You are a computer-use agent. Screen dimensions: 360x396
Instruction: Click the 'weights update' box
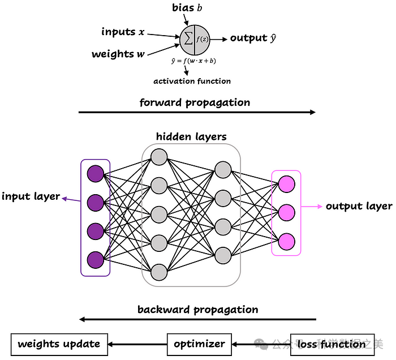[x=59, y=344]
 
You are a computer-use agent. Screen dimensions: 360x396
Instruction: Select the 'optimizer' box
[x=199, y=344]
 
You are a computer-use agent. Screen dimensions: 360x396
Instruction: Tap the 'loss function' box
[x=332, y=344]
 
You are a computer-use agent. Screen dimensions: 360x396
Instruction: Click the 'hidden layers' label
[x=191, y=136]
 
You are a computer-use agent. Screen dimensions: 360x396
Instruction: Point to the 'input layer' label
[x=31, y=196]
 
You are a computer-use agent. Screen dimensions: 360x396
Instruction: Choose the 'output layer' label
[x=359, y=206]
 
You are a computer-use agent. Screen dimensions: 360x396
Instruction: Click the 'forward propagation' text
[x=195, y=102]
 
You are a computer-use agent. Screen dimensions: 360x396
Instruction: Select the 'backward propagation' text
[x=197, y=310]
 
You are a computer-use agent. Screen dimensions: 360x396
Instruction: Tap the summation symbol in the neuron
[x=187, y=38]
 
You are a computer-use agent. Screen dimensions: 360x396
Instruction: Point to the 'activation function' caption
[x=192, y=81]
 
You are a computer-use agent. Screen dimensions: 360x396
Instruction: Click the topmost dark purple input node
[x=95, y=173]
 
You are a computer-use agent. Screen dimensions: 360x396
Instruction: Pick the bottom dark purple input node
[x=95, y=259]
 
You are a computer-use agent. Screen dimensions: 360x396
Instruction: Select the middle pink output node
[x=287, y=212]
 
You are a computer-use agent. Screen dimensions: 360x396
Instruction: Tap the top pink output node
[x=287, y=183]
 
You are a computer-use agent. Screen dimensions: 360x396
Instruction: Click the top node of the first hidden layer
[x=159, y=156]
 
